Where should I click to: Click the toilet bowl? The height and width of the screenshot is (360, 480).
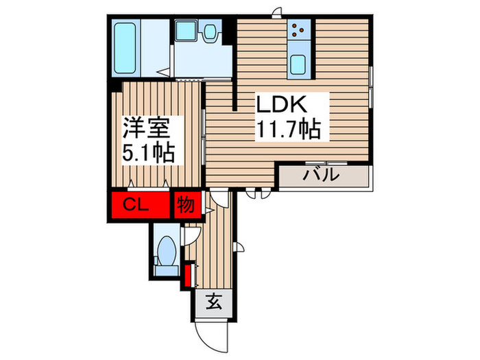point(165,251)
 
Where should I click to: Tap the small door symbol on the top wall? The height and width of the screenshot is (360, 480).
point(276,12)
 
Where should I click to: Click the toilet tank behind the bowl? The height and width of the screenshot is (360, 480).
point(165,267)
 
